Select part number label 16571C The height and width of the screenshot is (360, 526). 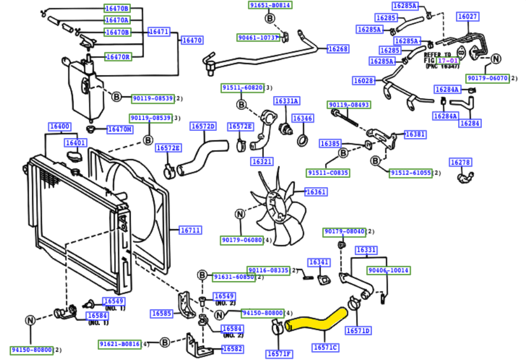click(325, 347)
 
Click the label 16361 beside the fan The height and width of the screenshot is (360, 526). click(315, 192)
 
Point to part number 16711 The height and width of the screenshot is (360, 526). click(190, 230)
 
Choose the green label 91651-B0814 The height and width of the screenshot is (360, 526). click(269, 5)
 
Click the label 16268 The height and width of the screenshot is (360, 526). click(338, 49)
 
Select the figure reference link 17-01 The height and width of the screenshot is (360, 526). click(448, 61)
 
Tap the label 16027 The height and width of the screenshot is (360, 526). click(467, 17)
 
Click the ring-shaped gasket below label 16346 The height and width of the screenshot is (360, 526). click(302, 140)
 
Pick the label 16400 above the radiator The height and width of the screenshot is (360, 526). click(60, 126)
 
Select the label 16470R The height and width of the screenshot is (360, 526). click(118, 56)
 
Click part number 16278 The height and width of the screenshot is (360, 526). click(460, 162)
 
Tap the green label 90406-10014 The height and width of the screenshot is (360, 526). click(389, 271)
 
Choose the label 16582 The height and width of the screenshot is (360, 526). click(232, 349)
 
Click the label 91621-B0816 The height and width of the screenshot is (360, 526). click(120, 344)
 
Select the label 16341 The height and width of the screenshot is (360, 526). click(318, 263)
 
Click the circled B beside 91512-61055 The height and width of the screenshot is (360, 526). click(375, 161)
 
